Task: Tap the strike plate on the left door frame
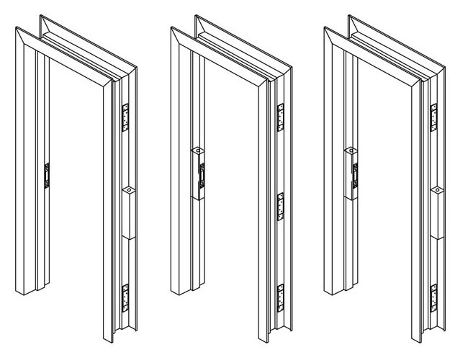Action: (x=48, y=175)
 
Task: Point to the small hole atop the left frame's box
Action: (x=127, y=191)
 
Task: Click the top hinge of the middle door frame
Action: (x=282, y=116)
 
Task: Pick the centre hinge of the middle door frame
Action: (x=282, y=206)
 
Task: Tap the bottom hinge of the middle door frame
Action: (x=282, y=297)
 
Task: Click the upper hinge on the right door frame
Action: (x=435, y=117)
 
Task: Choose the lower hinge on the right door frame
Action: (x=435, y=297)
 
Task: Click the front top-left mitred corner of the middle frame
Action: (x=173, y=30)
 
